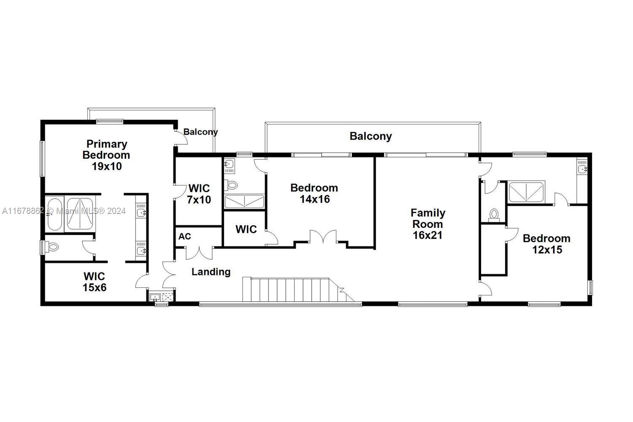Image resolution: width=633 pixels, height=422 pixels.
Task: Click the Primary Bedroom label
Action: point(106,155)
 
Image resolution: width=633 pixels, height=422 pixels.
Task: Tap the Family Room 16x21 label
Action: point(428,224)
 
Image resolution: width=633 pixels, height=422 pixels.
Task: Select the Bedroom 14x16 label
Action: point(314,193)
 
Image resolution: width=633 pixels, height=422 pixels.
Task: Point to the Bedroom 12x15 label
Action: point(546,243)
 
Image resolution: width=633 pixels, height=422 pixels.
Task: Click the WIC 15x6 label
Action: point(95,282)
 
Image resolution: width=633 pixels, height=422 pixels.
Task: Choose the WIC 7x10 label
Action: point(199,194)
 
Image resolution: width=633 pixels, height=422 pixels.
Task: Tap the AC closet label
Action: point(184,236)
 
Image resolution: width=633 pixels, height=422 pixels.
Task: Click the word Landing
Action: point(211,272)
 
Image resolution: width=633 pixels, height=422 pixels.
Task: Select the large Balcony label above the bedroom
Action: point(371,136)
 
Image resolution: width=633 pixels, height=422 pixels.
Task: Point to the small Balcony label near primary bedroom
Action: point(200,132)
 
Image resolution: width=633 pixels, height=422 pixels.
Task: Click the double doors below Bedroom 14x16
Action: point(323,237)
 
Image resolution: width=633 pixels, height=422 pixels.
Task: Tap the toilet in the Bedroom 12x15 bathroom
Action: point(494,215)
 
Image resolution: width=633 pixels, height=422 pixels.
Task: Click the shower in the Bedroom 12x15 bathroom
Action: point(526,192)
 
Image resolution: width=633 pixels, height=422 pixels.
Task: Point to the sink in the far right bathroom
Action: point(582,169)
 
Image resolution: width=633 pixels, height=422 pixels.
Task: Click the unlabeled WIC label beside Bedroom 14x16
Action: point(246,229)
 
